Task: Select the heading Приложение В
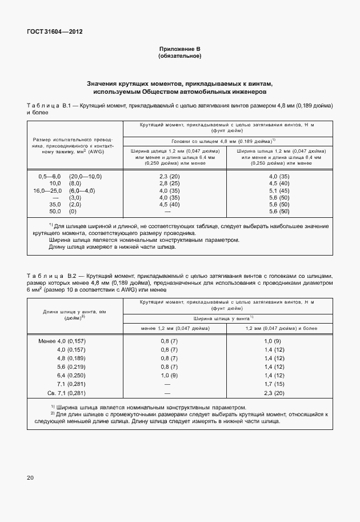tap(179, 50)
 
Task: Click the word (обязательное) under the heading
tap(179, 57)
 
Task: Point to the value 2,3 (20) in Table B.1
tap(170, 177)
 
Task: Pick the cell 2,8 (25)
tap(170, 184)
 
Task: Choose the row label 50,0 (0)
tap(55, 212)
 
